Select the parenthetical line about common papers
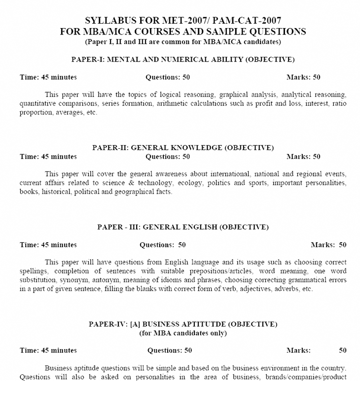click(183, 41)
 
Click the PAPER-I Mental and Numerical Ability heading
click(183, 60)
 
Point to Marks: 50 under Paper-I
click(303, 77)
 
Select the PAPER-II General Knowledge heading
click(183, 147)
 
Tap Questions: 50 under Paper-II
click(168, 157)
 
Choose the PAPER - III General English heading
click(183, 227)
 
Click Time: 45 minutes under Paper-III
click(48, 244)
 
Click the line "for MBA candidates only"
click(183, 333)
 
